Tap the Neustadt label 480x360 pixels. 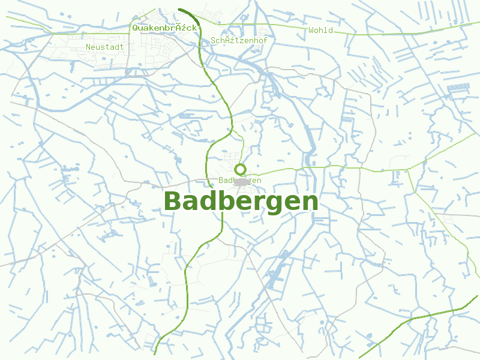point(104,46)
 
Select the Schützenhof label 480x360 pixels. point(239,40)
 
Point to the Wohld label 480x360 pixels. point(320,30)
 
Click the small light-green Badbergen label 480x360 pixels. point(240,180)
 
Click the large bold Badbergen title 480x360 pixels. point(241,202)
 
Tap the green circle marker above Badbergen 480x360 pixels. point(241,169)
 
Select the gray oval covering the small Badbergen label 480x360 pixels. point(241,181)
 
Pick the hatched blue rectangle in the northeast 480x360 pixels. point(458,88)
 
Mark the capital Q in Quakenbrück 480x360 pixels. point(135,28)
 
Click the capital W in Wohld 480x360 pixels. point(311,30)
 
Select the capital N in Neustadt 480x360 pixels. point(88,46)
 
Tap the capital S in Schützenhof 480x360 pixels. point(214,40)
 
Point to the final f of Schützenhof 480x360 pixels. point(265,40)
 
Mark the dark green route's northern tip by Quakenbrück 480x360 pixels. point(180,9)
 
